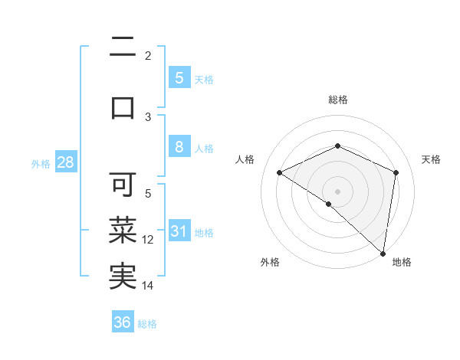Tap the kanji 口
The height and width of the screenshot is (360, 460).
(122, 107)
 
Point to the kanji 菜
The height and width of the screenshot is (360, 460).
(122, 229)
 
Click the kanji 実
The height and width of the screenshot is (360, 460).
(122, 276)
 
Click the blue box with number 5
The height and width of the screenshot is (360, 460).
(179, 77)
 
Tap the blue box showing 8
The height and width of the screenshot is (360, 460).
(179, 147)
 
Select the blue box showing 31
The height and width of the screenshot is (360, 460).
(179, 231)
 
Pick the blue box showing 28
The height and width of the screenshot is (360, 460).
(64, 162)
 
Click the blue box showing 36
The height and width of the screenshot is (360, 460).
(123, 322)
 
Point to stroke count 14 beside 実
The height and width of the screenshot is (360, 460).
(148, 286)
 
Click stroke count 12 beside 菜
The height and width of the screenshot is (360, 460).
(148, 240)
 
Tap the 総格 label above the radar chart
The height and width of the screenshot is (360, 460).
(337, 100)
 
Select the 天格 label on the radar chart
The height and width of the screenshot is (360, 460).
(431, 159)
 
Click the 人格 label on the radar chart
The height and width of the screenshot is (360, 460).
(245, 159)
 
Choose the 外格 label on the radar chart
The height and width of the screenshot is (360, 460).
(270, 263)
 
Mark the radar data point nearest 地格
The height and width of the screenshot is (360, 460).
(383, 253)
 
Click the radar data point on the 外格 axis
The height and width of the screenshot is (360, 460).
(328, 204)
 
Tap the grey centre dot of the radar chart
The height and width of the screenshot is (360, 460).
(337, 191)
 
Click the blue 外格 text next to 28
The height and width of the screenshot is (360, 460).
(41, 163)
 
